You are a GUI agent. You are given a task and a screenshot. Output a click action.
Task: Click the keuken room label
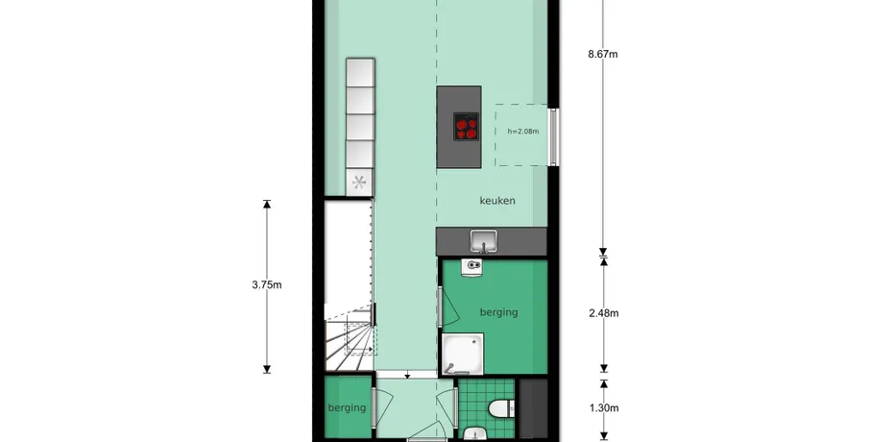pyautogui.click(x=497, y=201)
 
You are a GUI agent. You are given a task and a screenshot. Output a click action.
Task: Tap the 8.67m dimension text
pyautogui.click(x=603, y=54)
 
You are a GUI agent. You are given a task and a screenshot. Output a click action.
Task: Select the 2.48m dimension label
pyautogui.click(x=604, y=313)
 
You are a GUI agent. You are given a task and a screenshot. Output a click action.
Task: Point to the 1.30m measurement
pyautogui.click(x=604, y=408)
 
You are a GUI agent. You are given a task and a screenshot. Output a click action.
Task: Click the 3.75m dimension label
pyautogui.click(x=267, y=285)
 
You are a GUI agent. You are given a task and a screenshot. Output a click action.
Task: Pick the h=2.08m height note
pyautogui.click(x=523, y=132)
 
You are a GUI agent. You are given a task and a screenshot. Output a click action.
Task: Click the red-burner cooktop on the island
pyautogui.click(x=466, y=127)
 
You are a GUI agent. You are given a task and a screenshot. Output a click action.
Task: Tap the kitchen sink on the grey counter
pyautogui.click(x=484, y=241)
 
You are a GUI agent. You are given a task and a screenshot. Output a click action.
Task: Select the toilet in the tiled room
pyautogui.click(x=500, y=409)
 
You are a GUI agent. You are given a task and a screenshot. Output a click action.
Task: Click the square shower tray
pyautogui.click(x=463, y=354)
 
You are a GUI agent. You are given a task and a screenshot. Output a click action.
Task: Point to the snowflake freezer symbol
pyautogui.click(x=359, y=182)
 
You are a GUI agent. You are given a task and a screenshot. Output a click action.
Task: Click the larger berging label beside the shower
pyautogui.click(x=498, y=312)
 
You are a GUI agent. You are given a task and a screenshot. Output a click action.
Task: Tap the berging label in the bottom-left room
pyautogui.click(x=347, y=407)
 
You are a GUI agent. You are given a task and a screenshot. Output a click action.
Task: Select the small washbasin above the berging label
pyautogui.click(x=471, y=267)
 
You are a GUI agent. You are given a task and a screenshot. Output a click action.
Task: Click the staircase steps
pyautogui.click(x=350, y=341)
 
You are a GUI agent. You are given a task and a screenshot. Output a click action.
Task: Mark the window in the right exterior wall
pyautogui.click(x=553, y=136)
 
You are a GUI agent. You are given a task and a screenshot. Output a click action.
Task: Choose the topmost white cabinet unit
pyautogui.click(x=360, y=73)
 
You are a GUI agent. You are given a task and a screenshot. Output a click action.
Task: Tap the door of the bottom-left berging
pyautogui.click(x=374, y=407)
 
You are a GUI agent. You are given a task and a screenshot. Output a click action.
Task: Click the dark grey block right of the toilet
pyautogui.click(x=533, y=408)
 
